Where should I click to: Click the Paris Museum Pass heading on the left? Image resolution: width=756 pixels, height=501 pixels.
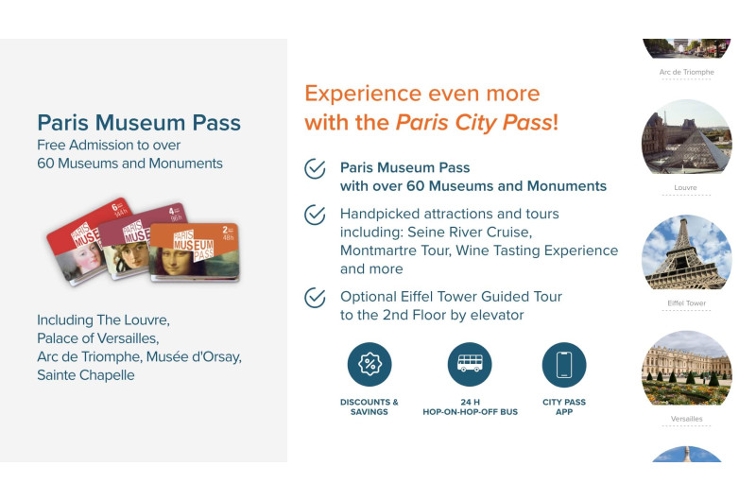pos(139,123)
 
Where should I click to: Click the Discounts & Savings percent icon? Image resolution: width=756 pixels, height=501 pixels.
pos(369,365)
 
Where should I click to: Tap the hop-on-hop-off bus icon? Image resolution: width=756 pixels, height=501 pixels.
pos(470,365)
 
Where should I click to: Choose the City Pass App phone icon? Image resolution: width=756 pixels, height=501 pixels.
pos(564,365)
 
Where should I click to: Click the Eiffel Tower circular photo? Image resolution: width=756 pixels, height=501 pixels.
pos(686,252)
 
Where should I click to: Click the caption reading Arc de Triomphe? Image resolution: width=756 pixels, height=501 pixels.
pos(686,72)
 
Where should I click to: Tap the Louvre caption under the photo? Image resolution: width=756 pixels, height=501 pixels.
pos(686,187)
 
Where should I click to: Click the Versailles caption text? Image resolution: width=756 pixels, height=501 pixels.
pos(686,419)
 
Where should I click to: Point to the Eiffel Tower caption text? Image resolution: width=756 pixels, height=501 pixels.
pos(686,303)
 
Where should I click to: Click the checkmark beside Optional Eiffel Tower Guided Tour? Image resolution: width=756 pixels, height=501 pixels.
pos(315,298)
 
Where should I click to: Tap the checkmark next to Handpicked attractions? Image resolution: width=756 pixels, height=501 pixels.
pos(315,215)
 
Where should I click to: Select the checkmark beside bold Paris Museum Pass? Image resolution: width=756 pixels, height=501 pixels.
pos(315,168)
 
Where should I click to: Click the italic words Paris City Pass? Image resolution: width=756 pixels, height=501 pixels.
pos(473,123)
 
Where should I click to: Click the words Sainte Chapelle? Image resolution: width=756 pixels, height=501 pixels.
pos(86,374)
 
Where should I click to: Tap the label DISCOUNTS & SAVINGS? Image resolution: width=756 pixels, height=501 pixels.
pos(369,407)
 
